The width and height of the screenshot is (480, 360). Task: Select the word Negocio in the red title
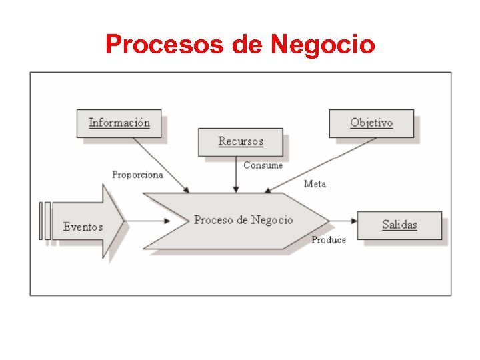tap(323, 45)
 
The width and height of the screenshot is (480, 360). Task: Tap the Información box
tap(119, 123)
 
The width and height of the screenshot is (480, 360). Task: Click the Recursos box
tap(241, 141)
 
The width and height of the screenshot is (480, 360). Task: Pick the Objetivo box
tap(371, 123)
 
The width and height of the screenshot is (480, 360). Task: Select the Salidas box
tap(399, 225)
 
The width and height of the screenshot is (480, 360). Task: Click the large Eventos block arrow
tap(87, 222)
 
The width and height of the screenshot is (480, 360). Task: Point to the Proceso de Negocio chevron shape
tap(240, 221)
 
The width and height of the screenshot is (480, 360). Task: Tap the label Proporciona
tap(137, 175)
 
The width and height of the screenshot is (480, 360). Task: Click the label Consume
tap(263, 165)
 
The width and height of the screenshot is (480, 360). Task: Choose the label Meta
tap(315, 184)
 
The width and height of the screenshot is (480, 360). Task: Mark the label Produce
tap(329, 240)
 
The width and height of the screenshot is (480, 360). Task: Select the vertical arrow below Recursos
tap(235, 175)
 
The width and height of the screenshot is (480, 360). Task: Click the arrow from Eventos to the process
tap(147, 221)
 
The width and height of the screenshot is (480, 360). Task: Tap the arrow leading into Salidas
tap(343, 221)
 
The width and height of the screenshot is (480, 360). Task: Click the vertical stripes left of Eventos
tap(45, 221)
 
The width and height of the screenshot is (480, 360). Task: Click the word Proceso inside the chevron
tap(213, 220)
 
